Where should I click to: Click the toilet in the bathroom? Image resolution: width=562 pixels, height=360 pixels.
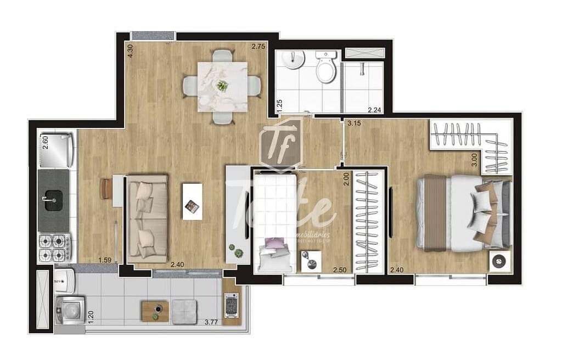click(326, 68)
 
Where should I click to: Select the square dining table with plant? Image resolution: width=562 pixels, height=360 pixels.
click(222, 86)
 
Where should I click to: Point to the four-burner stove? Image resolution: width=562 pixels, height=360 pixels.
click(54, 248)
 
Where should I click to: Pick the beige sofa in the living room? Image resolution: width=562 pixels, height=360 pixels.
click(147, 218)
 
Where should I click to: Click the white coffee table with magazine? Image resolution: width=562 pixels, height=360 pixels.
click(192, 201)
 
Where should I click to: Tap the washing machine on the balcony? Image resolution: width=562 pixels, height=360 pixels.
click(70, 311)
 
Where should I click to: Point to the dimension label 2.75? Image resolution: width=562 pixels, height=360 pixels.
click(258, 47)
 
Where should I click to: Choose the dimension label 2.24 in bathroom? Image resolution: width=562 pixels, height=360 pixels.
click(375, 109)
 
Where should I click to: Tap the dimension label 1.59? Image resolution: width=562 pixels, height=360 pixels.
click(105, 260)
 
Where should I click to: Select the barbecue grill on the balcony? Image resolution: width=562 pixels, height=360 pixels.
click(231, 305)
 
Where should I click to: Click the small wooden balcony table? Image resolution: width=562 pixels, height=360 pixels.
click(154, 311)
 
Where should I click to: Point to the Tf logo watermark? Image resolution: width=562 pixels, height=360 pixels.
click(280, 143)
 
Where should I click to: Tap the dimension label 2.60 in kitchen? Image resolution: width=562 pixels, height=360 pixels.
click(46, 142)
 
